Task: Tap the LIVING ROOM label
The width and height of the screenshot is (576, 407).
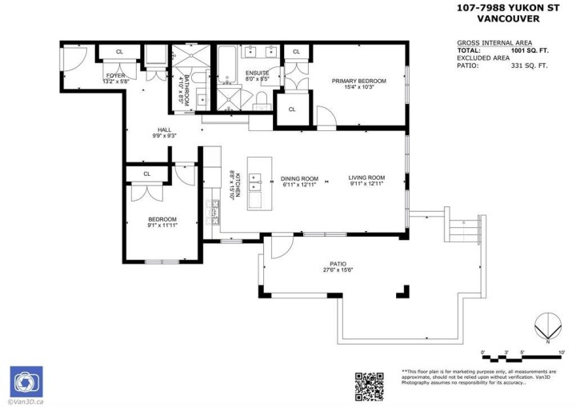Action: point(366,178)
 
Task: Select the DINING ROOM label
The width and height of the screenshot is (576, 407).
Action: point(300,178)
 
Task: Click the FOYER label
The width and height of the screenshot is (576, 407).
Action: point(115,76)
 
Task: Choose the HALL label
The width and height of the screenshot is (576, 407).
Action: point(164,130)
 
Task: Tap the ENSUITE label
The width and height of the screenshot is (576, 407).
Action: point(257,74)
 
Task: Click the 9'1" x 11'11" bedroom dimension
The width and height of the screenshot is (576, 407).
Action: point(162,225)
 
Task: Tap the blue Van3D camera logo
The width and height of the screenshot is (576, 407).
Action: point(26,380)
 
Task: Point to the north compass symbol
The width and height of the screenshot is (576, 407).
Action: point(547,328)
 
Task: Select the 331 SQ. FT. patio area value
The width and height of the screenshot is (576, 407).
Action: point(532,66)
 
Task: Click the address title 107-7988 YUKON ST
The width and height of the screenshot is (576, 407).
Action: point(506,8)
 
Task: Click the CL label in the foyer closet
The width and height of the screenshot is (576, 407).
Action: point(119,52)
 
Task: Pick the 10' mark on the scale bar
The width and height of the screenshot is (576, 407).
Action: point(562,351)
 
